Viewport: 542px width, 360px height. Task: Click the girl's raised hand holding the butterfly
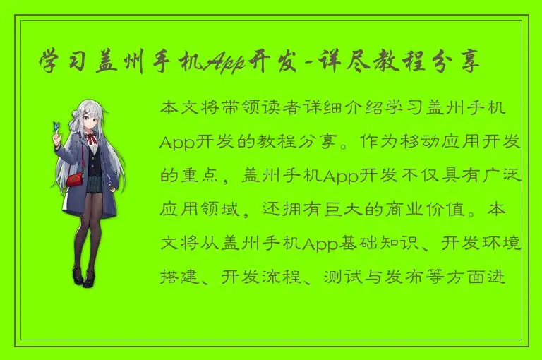point(56,140)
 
